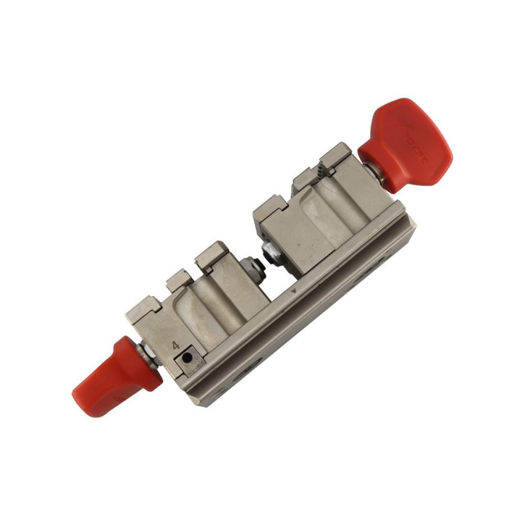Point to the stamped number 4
[176, 345]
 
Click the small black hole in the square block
[189, 358]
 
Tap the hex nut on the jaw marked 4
[248, 266]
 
